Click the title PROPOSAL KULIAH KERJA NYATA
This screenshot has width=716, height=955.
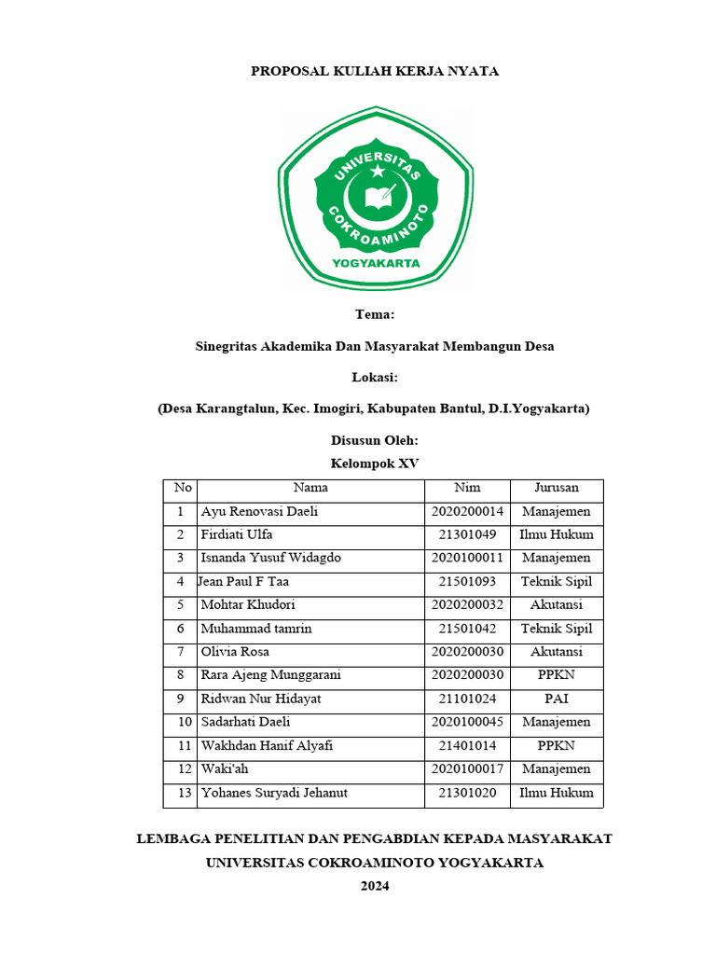pos(375,72)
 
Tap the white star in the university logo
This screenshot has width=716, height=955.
pos(377,171)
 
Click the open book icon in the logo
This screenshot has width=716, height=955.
pos(377,198)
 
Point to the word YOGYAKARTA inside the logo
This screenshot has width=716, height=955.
pos(376,263)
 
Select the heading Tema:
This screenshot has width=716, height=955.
pos(375,315)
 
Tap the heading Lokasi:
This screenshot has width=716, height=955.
pos(375,377)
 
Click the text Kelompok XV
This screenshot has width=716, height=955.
pos(375,463)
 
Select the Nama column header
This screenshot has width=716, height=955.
pos(310,488)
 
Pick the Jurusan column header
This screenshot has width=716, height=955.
pos(557,488)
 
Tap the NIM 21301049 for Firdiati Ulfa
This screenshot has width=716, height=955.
pos(467,535)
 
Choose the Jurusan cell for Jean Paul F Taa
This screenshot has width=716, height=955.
pos(557,582)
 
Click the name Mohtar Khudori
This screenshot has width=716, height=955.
pos(248,605)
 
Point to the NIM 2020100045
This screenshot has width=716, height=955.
pos(467,723)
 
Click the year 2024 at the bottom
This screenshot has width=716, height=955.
pos(375,886)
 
